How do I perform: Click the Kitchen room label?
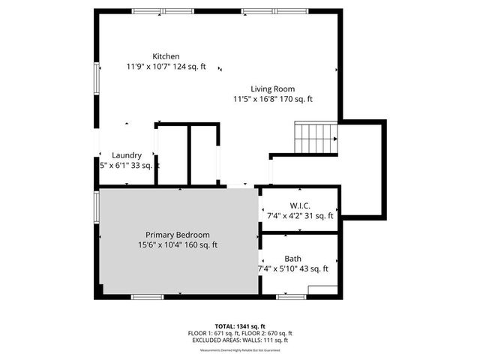pos(166,57)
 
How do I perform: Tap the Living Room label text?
pos(272,89)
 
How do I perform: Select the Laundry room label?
pos(127,155)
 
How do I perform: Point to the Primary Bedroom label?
pos(178,235)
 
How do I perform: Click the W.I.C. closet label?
pos(300,205)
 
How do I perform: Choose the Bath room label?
pos(293,258)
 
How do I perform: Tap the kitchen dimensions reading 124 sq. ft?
pos(166,67)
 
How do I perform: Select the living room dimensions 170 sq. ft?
pos(272,99)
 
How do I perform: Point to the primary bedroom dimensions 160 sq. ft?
pos(178,244)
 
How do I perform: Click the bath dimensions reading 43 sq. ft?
pos(293,268)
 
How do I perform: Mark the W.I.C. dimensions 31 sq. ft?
pos(300,216)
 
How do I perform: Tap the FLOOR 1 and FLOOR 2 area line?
pos(240,333)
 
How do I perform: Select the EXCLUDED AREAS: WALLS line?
pos(240,340)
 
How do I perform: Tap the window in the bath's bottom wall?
pos(291,297)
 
